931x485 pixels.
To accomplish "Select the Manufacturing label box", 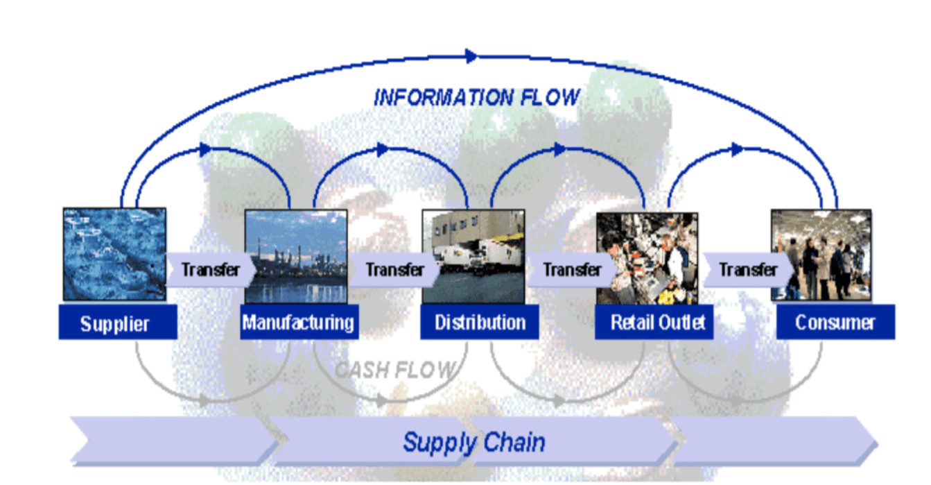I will click(299, 323).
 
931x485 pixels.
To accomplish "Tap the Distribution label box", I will click(480, 323).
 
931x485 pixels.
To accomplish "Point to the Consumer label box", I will click(835, 323).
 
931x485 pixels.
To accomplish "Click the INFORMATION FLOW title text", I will click(476, 98).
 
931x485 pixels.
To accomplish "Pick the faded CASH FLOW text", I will click(396, 370).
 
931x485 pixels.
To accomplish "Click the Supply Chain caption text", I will click(474, 442).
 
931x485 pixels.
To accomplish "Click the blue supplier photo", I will click(114, 254).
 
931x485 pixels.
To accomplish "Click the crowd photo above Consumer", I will click(821, 255).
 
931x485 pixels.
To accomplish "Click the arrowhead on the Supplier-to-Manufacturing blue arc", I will click(204, 148).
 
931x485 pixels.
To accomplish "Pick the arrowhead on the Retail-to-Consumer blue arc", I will click(737, 149).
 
